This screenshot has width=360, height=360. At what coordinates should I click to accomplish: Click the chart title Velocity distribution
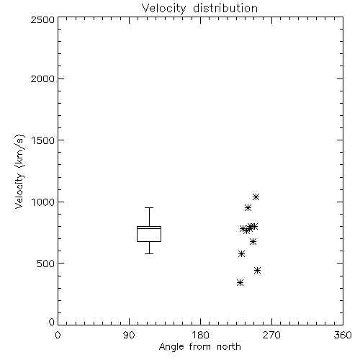coord(199,9)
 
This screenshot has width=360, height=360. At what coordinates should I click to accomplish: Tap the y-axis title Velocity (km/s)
coord(19,171)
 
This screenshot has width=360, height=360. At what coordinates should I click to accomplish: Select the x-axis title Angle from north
coord(199,347)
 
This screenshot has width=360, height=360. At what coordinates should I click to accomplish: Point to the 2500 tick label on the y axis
coord(42,19)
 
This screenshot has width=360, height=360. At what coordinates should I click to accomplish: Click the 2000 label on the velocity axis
coord(42,78)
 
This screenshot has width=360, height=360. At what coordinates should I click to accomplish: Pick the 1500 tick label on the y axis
coord(43,140)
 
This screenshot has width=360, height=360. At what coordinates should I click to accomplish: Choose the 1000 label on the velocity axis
coord(43,202)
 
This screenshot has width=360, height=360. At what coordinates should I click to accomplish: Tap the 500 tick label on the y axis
coord(46,264)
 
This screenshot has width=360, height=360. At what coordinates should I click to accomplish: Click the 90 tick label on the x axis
coord(129,335)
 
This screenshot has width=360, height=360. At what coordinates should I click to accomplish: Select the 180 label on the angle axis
coord(200,335)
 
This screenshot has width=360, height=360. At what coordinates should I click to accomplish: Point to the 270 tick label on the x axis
coord(271,335)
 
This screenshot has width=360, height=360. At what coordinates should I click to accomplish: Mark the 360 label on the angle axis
coord(343,335)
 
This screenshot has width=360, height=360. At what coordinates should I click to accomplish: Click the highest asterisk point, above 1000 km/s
coord(256,197)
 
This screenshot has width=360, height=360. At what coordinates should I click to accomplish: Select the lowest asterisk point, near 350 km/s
coord(240,282)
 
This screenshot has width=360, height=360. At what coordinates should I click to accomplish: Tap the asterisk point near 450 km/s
coord(257,270)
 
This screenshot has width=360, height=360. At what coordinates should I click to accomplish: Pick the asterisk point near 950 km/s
coord(248,207)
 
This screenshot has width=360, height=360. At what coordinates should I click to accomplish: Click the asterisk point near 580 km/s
coord(241,253)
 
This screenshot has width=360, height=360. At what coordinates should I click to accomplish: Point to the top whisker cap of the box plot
coord(149,208)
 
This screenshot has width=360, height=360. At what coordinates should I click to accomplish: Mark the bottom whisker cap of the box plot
coord(149,253)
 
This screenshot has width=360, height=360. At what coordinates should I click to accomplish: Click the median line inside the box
coord(149,228)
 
